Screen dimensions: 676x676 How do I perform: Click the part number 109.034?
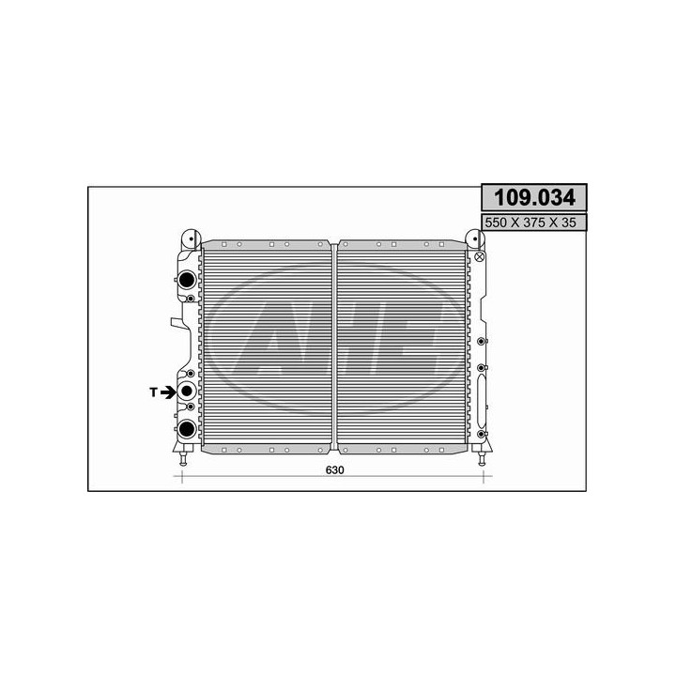tap(533, 198)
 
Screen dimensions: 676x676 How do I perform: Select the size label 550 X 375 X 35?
tap(533, 223)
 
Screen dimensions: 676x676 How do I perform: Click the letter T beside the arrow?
tap(152, 392)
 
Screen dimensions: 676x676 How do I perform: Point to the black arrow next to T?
tap(167, 392)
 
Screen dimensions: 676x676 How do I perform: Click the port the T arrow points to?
tap(186, 392)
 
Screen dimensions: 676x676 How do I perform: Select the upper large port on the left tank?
tap(186, 279)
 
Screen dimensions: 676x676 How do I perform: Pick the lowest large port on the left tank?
tap(186, 429)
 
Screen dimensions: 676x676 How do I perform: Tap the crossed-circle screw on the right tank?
tap(479, 256)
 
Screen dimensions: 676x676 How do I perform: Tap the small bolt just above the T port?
tap(191, 374)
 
